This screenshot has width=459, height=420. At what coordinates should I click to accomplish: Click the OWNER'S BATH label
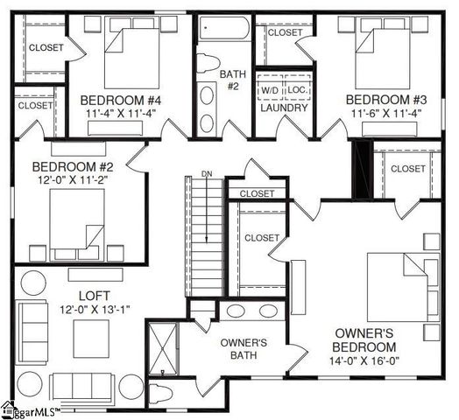pos(243,348)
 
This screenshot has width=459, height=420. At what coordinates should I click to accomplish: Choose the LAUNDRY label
pos(284,108)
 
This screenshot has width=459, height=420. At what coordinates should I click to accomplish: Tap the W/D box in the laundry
pos(269,90)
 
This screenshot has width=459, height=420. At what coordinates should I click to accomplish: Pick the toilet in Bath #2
pos(208,63)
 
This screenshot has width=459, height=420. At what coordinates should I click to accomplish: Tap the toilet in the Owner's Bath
pos(164,393)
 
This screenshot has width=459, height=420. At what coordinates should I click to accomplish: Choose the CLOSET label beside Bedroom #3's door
pos(408,169)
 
